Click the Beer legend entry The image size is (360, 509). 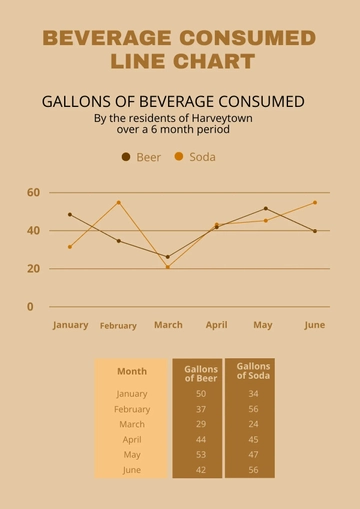141,157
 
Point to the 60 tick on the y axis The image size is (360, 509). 33,192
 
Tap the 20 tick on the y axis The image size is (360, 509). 33,269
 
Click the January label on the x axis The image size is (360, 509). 70,325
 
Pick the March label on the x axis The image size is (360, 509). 168,325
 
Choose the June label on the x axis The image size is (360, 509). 314,325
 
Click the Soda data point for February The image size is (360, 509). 118,203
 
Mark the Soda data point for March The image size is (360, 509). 168,267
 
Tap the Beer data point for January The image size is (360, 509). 70,215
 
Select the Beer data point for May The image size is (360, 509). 265,209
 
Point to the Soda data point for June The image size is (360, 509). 314,203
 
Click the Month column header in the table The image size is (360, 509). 132,371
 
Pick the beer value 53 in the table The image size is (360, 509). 201,455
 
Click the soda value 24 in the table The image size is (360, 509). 253,424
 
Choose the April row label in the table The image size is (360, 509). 132,440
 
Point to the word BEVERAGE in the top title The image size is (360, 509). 109,38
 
